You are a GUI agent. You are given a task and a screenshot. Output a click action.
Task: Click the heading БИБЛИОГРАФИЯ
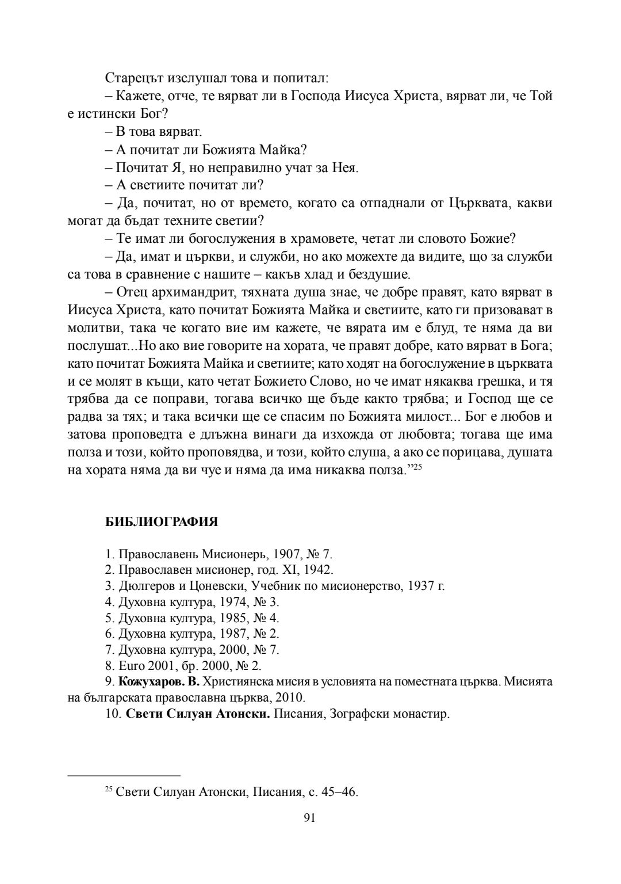click(x=162, y=522)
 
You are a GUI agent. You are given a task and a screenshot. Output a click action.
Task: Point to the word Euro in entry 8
click(x=131, y=666)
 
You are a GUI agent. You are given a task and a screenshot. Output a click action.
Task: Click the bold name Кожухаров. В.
click(x=159, y=682)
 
